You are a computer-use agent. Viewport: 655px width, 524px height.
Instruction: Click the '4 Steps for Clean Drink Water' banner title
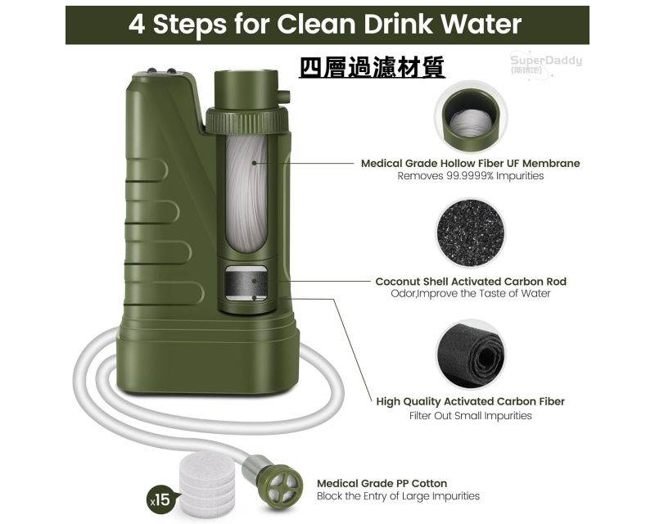325,25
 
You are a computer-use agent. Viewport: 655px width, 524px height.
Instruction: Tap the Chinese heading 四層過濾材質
372,67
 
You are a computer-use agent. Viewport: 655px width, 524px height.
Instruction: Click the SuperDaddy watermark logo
545,63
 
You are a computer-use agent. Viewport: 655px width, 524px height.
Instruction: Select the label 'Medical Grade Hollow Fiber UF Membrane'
470,164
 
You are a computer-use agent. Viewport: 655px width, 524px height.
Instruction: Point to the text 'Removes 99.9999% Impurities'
470,176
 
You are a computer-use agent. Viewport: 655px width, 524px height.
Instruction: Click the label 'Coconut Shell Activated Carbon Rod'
471,282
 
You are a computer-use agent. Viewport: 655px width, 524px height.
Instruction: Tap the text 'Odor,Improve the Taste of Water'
470,293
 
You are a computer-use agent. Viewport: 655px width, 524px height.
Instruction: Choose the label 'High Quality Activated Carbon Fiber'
470,401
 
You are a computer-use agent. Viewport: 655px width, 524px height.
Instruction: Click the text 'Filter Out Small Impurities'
470,416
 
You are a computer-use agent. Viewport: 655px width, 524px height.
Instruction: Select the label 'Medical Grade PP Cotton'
382,483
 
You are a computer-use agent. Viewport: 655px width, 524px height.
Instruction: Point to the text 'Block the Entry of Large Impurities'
398,496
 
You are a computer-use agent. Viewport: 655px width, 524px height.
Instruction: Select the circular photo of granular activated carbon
470,233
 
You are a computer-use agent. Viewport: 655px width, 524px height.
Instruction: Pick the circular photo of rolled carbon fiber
470,355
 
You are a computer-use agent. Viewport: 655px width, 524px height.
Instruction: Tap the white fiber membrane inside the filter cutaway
246,193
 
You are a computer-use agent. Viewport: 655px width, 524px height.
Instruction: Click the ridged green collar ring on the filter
247,120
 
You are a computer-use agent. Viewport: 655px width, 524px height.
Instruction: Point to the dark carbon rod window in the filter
246,283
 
